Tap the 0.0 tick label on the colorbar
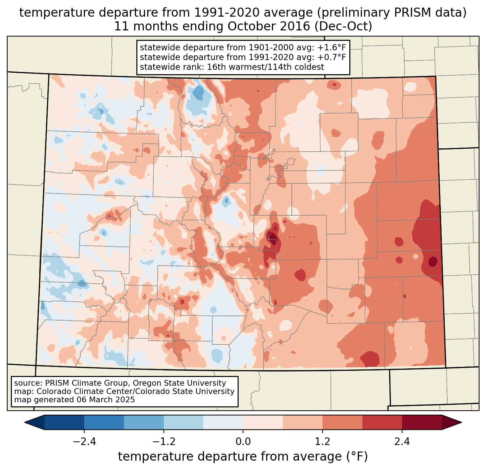[243, 442]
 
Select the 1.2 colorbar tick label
[323, 442]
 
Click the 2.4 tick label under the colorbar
[402, 442]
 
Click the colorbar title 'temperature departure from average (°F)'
[243, 457]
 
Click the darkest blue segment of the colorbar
[64, 422]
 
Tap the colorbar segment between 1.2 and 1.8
[342, 422]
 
